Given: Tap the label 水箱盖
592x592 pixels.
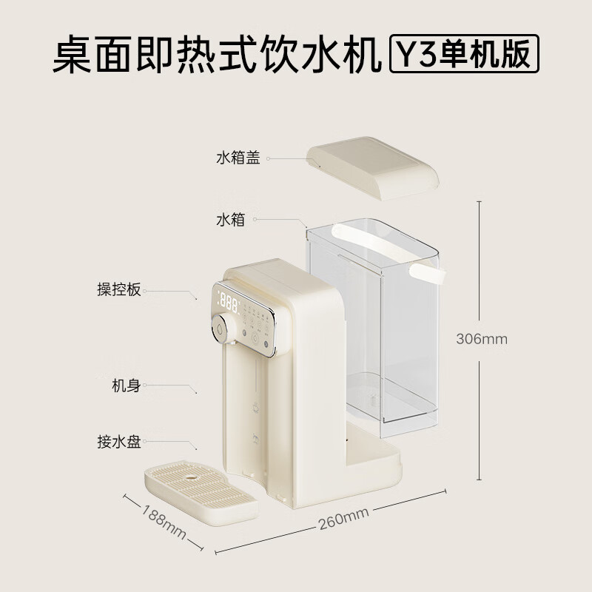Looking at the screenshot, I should pos(238,158).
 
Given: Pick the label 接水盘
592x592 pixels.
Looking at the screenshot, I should pos(119,443).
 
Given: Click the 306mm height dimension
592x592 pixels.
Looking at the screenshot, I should pos(482,339).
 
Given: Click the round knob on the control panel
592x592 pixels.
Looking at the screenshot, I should pos(223,325).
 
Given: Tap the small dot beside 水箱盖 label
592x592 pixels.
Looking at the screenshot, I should pos(269,158).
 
